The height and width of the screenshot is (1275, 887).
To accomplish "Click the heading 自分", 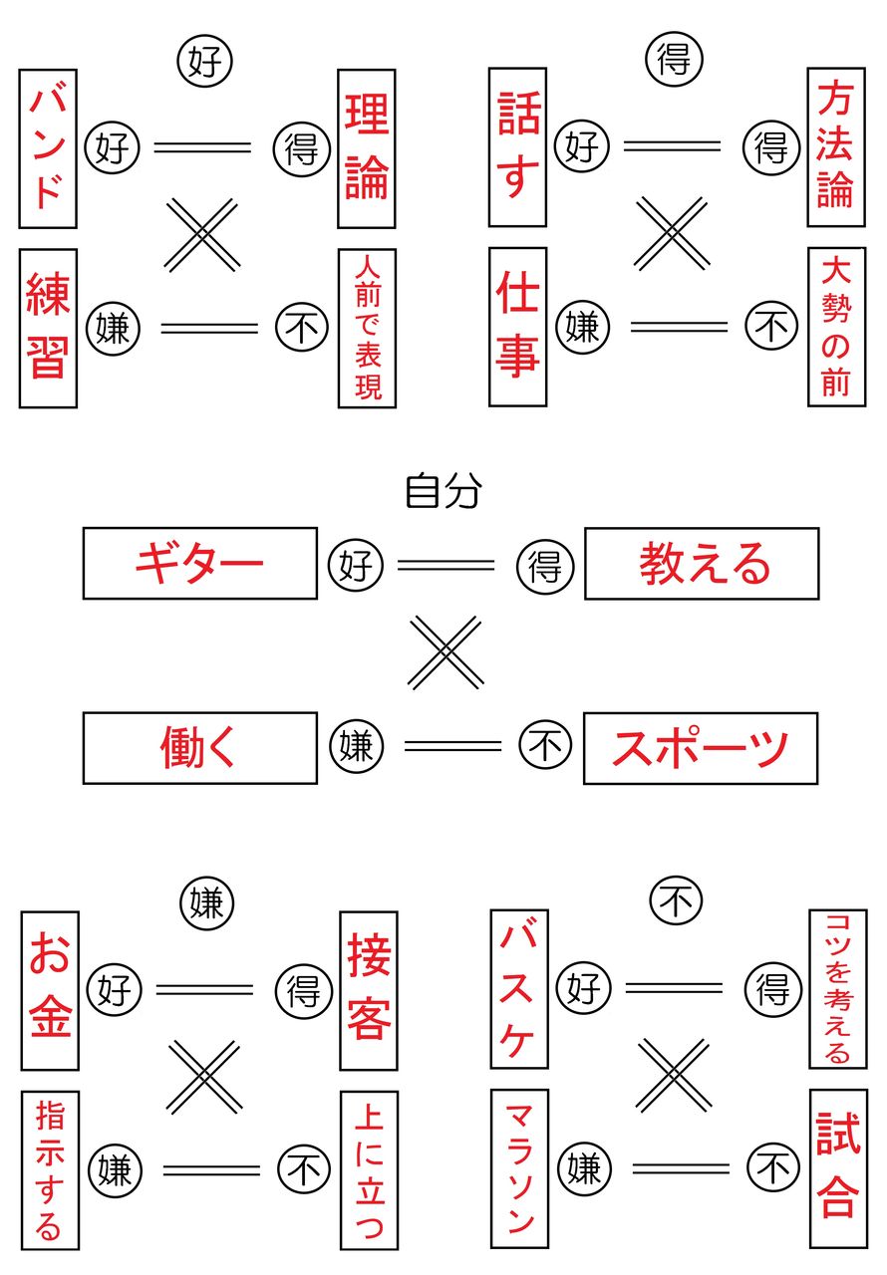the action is [443, 491].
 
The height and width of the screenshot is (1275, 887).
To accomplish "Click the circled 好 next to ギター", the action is [356, 566].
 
